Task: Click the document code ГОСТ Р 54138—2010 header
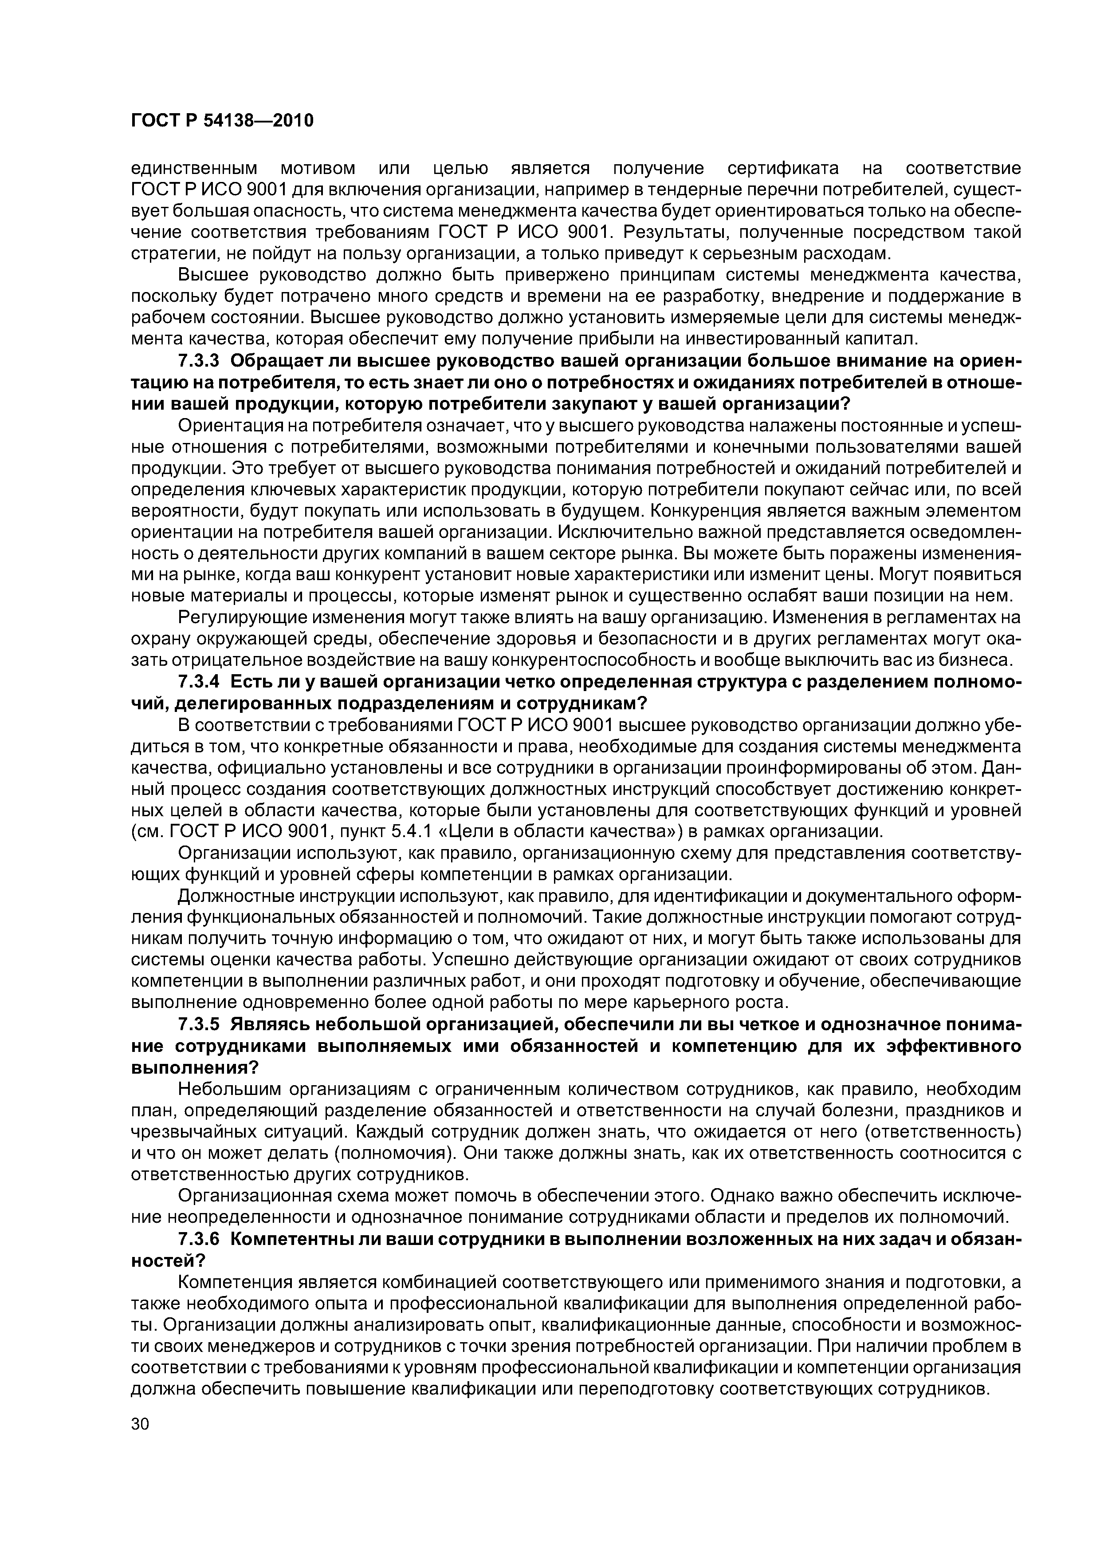(222, 121)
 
